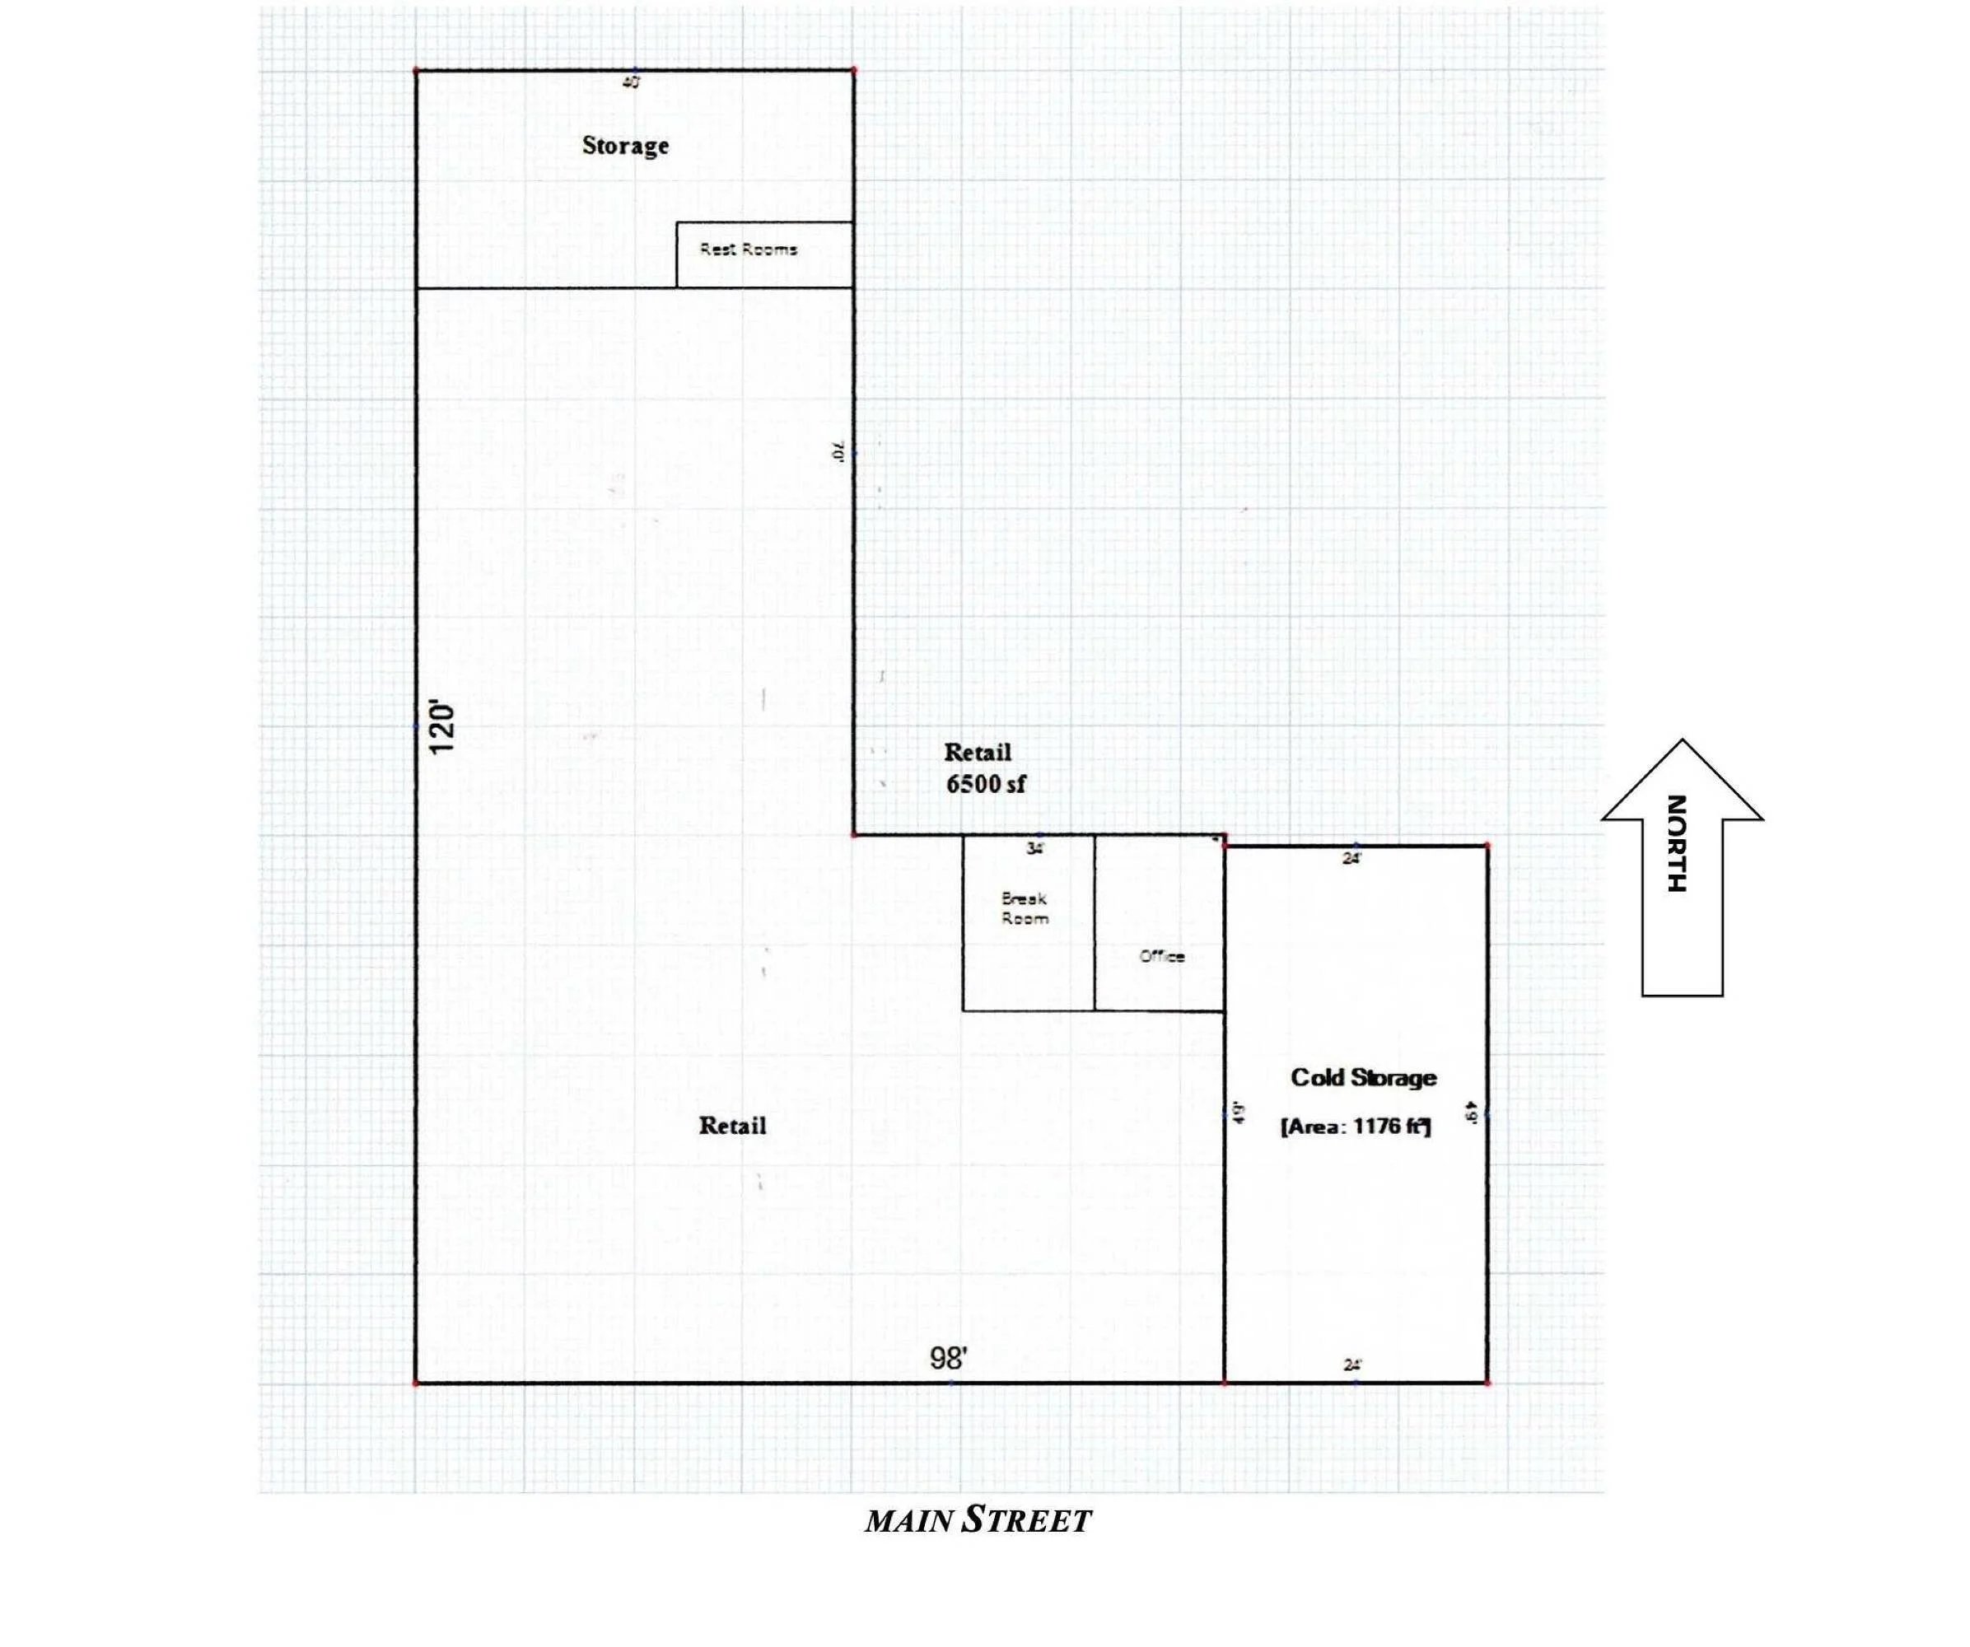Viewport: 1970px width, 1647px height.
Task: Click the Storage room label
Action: click(x=625, y=146)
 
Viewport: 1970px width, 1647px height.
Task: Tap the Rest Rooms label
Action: click(x=748, y=250)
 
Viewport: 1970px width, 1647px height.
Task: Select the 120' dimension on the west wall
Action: click(x=441, y=727)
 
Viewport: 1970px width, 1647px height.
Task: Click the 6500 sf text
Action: click(x=985, y=784)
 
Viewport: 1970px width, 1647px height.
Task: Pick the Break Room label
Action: click(x=1025, y=908)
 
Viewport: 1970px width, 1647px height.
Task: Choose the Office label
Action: click(x=1161, y=957)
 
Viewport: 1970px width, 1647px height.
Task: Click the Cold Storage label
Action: click(x=1363, y=1078)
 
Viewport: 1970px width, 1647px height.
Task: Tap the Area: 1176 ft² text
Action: click(x=1356, y=1127)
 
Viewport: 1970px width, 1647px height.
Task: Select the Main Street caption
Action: click(x=978, y=1520)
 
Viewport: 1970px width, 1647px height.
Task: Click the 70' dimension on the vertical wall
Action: click(x=838, y=452)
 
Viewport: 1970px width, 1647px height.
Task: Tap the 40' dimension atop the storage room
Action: click(x=632, y=82)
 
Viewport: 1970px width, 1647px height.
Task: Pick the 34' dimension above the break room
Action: click(x=1034, y=849)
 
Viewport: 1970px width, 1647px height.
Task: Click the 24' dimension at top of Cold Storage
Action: click(x=1351, y=858)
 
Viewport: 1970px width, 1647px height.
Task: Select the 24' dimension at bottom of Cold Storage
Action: click(x=1351, y=1365)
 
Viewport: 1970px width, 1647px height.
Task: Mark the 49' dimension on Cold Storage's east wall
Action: click(x=1472, y=1113)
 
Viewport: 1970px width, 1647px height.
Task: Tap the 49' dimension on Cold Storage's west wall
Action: click(x=1240, y=1113)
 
